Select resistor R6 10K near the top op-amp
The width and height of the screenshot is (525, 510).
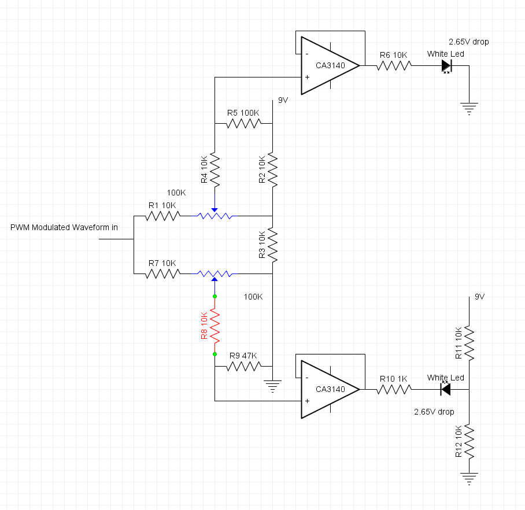point(394,65)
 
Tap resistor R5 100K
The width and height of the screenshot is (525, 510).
point(243,123)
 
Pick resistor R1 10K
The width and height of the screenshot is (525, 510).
point(162,216)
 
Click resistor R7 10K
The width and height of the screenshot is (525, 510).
point(162,273)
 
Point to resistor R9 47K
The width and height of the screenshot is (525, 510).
point(243,365)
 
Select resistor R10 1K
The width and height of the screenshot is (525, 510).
point(394,389)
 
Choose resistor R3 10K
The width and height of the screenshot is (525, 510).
point(272,245)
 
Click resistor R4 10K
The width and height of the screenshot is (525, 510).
point(215,169)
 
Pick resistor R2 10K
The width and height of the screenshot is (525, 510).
point(272,169)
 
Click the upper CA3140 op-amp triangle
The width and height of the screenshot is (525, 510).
point(327,65)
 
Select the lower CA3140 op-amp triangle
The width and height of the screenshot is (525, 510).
point(327,389)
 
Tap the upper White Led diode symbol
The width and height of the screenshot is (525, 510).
point(446,66)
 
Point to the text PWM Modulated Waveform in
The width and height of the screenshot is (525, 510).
point(64,227)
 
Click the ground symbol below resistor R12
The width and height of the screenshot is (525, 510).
point(469,478)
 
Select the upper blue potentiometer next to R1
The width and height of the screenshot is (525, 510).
point(215,216)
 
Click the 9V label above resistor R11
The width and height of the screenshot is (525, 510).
point(479,297)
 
